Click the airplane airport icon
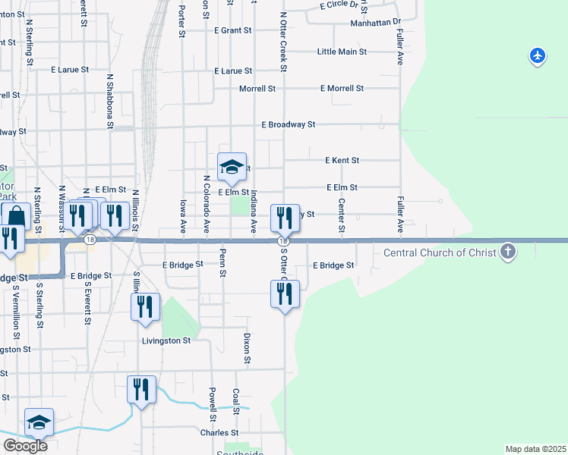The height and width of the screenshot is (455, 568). (538, 56)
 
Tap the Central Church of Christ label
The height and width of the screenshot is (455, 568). (440, 253)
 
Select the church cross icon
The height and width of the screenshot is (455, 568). (508, 253)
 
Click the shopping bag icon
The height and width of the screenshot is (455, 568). (16, 217)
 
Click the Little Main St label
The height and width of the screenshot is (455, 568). (342, 52)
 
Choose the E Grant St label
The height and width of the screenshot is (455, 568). (232, 31)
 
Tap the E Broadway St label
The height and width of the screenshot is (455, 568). (288, 124)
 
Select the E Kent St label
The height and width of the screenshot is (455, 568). (342, 161)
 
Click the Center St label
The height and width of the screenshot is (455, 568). (342, 216)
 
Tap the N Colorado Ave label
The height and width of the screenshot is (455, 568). (206, 203)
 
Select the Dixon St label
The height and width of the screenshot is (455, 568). (247, 347)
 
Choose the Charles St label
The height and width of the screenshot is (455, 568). (219, 433)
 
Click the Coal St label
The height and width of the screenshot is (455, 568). (236, 401)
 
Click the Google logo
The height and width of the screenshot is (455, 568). (25, 445)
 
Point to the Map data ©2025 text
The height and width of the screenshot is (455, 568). (536, 449)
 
